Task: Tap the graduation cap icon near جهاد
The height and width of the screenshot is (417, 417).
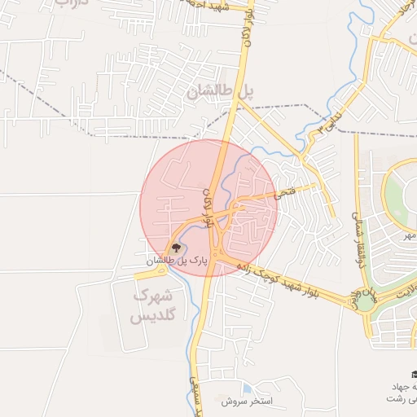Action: [x=411, y=372]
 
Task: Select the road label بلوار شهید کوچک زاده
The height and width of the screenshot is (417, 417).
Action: [x=277, y=279]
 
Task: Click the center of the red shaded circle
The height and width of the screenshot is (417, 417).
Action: [x=209, y=208]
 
